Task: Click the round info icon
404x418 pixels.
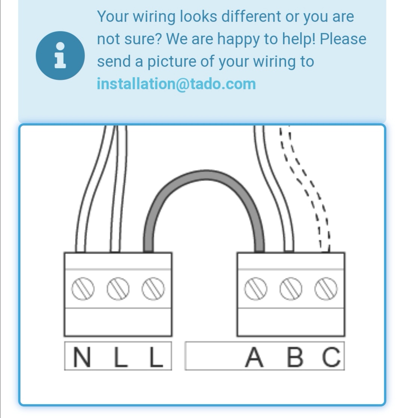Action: [60, 55]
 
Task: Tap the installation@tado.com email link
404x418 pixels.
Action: [176, 84]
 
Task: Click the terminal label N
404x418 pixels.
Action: [82, 357]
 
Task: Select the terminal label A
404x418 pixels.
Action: [254, 357]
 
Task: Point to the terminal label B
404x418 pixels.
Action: [295, 357]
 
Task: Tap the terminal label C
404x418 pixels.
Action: [331, 357]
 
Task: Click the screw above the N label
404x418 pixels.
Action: [83, 289]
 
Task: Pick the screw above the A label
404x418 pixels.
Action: [255, 289]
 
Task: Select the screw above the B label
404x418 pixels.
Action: [291, 289]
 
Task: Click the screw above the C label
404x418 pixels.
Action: [326, 289]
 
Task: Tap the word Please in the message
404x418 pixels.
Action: [343, 39]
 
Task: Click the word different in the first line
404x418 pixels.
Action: [251, 16]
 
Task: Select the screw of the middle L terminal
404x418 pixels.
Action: [118, 289]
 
